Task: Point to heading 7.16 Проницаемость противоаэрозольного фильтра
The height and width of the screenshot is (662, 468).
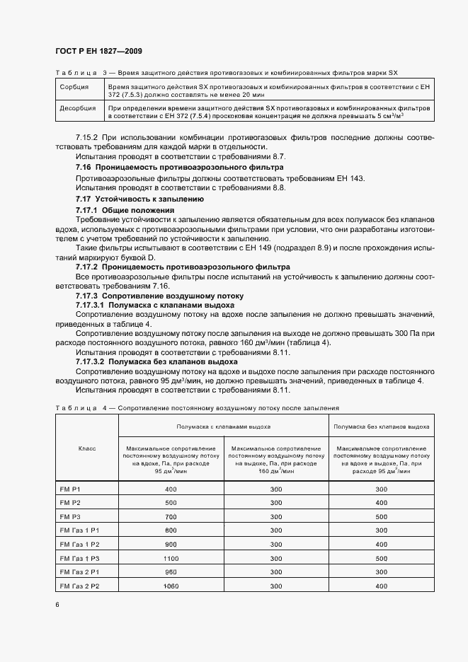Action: click(179, 167)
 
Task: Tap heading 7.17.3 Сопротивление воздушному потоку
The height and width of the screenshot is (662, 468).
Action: click(159, 295)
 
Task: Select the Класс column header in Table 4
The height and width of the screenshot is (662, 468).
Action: click(86, 448)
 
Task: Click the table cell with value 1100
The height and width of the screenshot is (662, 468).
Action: click(171, 559)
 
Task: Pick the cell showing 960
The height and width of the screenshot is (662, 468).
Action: click(171, 572)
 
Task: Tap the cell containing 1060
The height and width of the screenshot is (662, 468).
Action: click(171, 586)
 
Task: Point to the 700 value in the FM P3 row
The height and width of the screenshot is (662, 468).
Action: click(171, 517)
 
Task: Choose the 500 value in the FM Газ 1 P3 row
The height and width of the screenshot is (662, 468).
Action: click(381, 559)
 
